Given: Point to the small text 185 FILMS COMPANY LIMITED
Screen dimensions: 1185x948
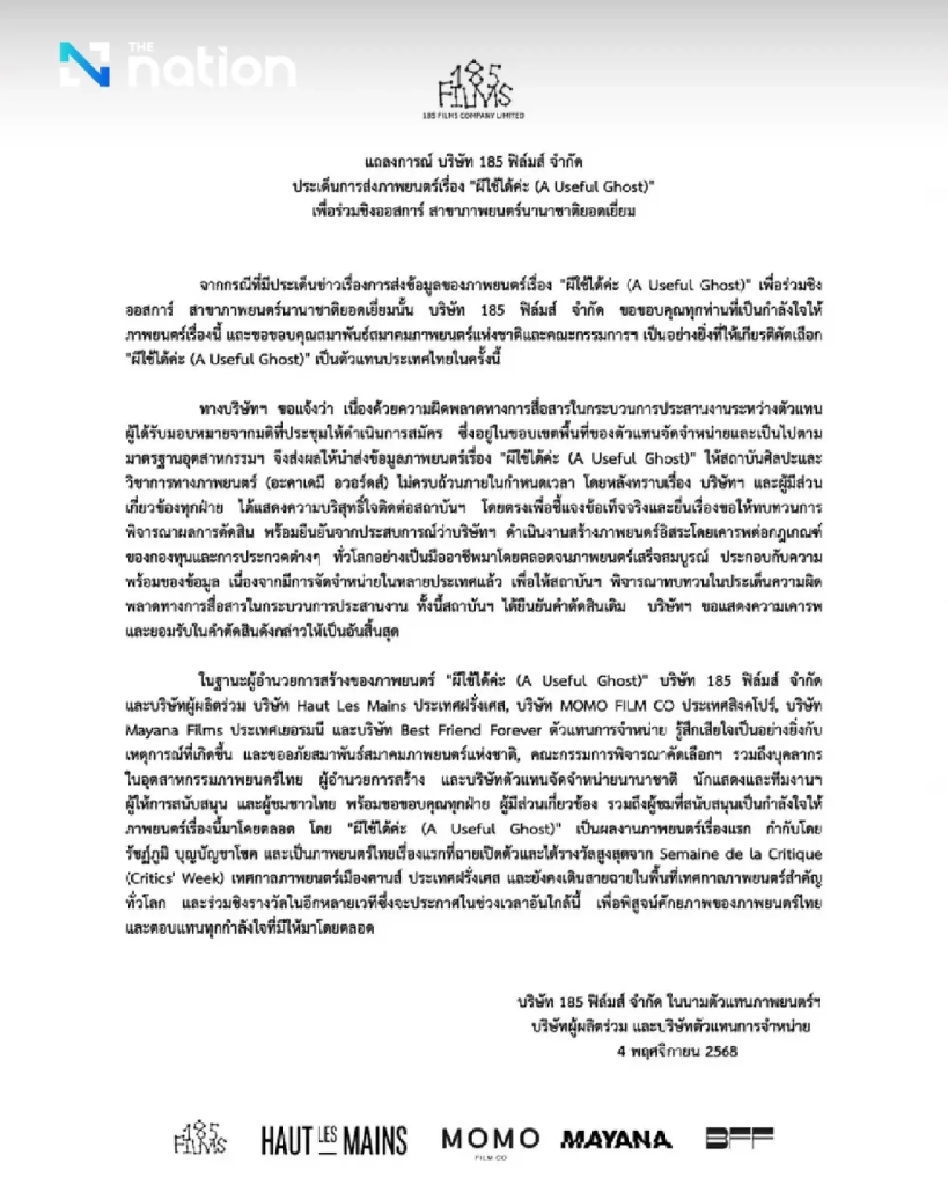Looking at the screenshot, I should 474,116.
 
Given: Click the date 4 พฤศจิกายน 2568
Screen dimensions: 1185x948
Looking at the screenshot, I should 677,1051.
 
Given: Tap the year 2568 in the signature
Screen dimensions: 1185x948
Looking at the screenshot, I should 721,1051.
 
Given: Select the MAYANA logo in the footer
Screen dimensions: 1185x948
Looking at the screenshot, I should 616,1140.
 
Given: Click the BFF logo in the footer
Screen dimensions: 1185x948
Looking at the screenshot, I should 739,1138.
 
